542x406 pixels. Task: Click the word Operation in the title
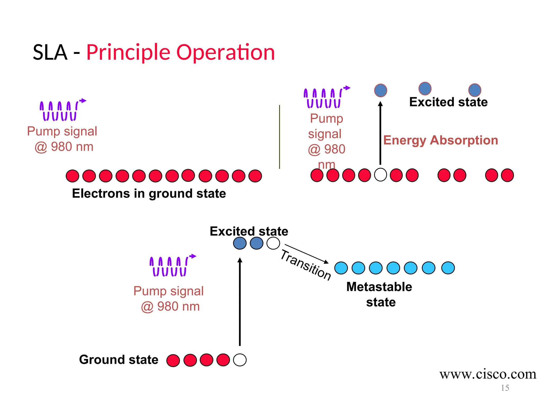click(225, 53)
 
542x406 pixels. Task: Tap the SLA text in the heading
click(50, 53)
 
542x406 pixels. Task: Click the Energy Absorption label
click(440, 140)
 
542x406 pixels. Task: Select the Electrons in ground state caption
click(149, 193)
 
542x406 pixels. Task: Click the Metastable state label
click(380, 294)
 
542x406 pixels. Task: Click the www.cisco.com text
click(487, 374)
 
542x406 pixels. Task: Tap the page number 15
click(505, 388)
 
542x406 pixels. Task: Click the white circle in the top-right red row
click(380, 175)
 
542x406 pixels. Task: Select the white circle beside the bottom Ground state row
click(240, 360)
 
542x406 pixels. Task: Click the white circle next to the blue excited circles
click(273, 243)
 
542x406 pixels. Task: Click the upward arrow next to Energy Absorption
click(380, 133)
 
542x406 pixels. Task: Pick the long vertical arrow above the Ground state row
click(240, 301)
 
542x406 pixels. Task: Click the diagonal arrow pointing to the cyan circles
click(306, 254)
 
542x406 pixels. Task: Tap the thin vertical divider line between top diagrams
click(279, 137)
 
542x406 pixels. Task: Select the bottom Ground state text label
click(119, 360)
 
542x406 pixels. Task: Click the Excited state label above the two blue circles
click(249, 231)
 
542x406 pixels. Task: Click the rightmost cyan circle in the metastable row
click(448, 268)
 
